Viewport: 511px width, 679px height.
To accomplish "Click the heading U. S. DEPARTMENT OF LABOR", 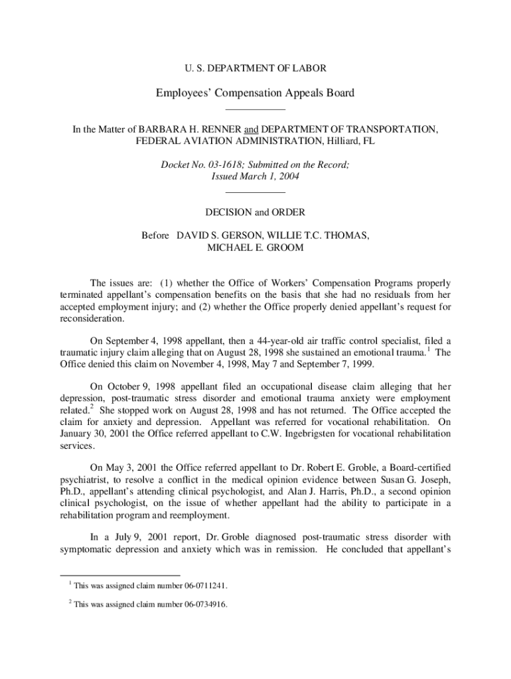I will pos(255,68).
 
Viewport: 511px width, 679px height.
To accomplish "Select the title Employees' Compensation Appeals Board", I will pos(255,93).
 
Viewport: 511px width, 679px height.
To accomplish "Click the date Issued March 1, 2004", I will pos(255,177).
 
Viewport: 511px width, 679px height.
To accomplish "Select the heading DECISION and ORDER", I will pos(255,212).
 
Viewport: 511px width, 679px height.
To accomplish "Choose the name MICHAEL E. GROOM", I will pos(255,248).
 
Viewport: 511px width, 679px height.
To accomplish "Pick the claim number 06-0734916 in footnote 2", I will pos(197,604).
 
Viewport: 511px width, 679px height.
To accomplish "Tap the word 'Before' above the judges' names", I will pos(155,236).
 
